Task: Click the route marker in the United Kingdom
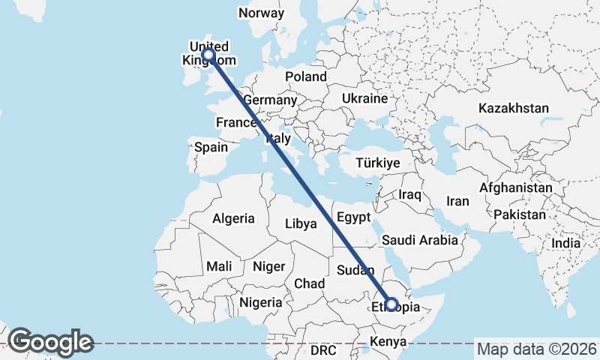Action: coord(208,55)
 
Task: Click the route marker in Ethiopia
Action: coord(391,304)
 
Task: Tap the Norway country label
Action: coord(261,13)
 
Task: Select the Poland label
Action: coord(306,76)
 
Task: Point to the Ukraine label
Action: coord(364,98)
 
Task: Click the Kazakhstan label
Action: coord(514,108)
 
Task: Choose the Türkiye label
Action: coord(377,163)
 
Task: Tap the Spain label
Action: coord(211,147)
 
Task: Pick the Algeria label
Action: coord(233,219)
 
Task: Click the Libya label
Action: coord(300,223)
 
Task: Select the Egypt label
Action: coord(354,217)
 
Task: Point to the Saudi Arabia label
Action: coord(419,241)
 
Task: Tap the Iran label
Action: coord(457,201)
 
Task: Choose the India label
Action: coord(566,243)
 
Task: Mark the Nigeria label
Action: coord(261,303)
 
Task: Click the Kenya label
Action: coord(387,343)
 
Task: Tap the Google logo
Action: coord(50,342)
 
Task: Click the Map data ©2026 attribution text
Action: coord(537,349)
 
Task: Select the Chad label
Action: coord(310,283)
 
